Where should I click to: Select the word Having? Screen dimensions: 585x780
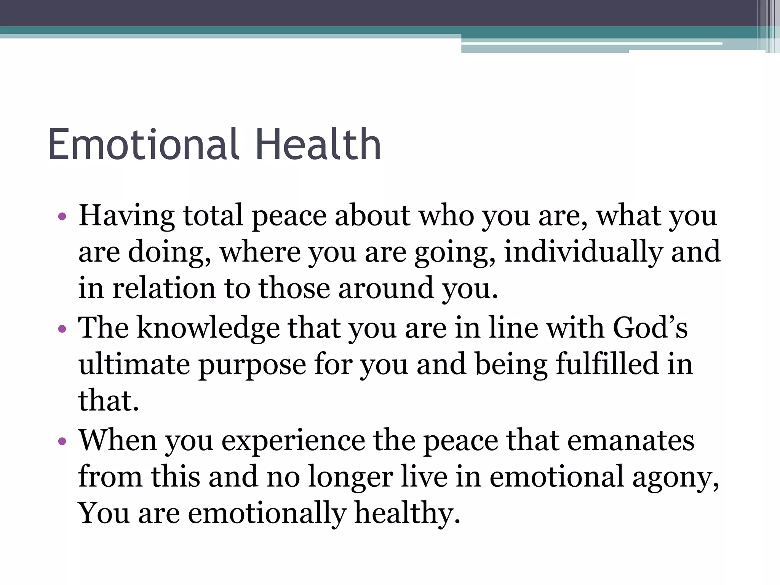[x=126, y=216]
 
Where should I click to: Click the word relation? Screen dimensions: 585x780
[x=164, y=288]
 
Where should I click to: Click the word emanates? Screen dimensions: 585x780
[x=631, y=441]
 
